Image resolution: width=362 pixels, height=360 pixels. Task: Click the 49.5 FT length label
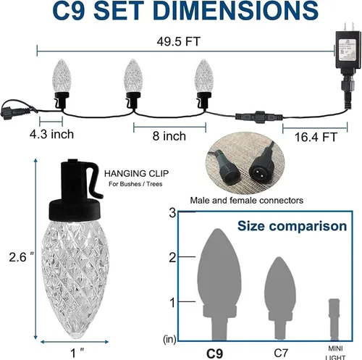(x=178, y=41)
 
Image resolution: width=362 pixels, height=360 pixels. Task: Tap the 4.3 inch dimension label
(x=51, y=134)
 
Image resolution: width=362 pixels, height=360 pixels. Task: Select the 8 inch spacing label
(x=169, y=136)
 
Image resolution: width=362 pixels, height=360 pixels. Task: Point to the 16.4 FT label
(x=316, y=137)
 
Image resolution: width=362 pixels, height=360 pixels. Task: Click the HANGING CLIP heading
(x=136, y=174)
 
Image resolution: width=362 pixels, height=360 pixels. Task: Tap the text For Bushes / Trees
(x=135, y=184)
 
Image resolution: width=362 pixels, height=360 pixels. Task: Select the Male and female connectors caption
(x=246, y=201)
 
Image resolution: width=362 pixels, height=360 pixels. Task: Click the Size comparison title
(x=292, y=226)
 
